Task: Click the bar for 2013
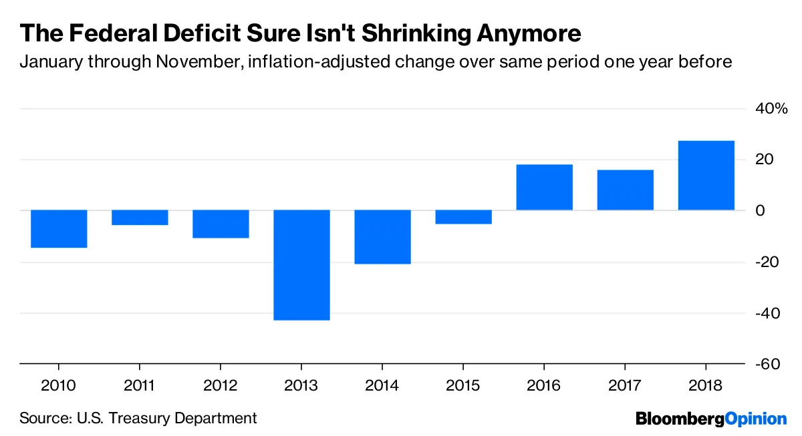pos(301,265)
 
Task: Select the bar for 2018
pos(706,176)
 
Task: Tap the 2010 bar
pos(59,229)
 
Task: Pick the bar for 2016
pos(544,187)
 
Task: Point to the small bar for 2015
pos(463,217)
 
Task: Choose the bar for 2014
pos(382,237)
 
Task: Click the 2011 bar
pos(140,218)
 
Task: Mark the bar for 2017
pos(625,190)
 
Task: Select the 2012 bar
pos(221,224)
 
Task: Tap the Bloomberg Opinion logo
pos(711,419)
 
